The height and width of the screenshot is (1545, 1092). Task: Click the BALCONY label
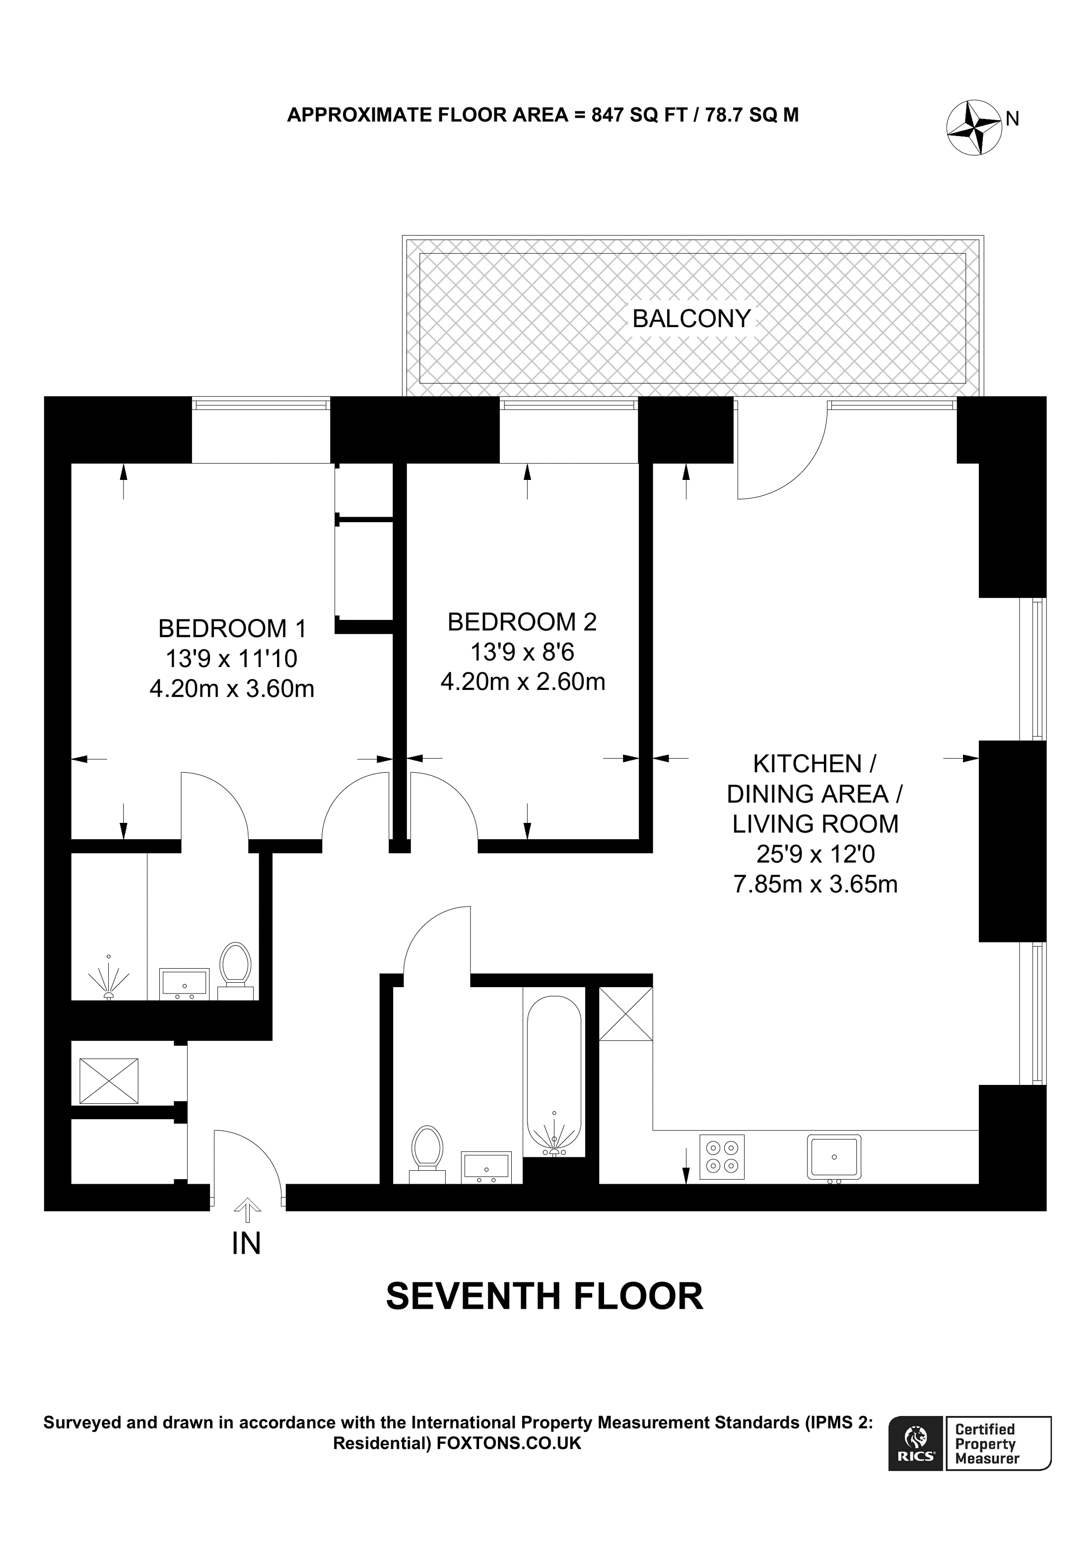(691, 318)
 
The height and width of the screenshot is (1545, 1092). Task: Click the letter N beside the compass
(1013, 119)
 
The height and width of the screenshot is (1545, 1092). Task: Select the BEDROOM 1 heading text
(232, 628)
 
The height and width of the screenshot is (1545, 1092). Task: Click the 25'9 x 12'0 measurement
(816, 854)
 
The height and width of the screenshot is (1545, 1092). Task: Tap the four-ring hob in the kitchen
(722, 1157)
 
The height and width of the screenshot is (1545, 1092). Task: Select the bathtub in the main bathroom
(554, 1071)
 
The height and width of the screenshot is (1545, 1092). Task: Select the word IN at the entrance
(246, 1244)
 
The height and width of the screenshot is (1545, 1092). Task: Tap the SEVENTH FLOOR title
(545, 1297)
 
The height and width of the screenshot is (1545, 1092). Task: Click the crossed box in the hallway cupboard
(109, 1080)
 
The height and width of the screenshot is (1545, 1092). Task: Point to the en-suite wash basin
(184, 983)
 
